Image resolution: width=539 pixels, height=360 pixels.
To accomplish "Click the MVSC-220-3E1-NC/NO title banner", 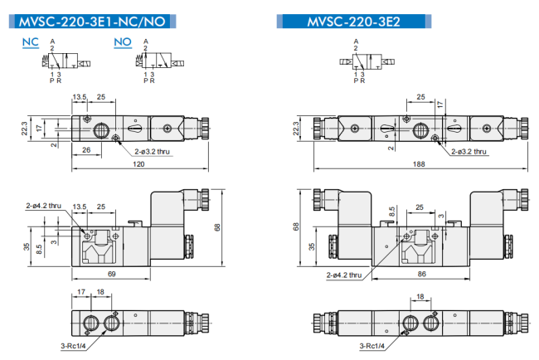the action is (93, 22).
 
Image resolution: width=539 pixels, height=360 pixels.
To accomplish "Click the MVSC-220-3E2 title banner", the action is (354, 22).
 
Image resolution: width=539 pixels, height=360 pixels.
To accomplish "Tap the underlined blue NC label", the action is (31, 42).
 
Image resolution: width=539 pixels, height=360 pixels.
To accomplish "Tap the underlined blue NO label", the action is (123, 42).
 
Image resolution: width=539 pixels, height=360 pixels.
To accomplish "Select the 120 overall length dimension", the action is (138, 164).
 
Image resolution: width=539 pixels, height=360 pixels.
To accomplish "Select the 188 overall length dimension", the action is (419, 164).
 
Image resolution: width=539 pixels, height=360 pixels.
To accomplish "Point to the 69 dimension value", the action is (112, 274).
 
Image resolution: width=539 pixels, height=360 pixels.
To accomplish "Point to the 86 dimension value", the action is (422, 274).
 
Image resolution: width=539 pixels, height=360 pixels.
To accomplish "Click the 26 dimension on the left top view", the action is (86, 150).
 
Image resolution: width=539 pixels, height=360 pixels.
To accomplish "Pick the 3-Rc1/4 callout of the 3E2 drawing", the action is (372, 346).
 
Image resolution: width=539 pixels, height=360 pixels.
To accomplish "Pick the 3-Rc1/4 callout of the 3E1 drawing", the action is (73, 346).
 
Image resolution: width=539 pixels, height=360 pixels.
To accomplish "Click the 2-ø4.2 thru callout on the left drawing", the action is (44, 206).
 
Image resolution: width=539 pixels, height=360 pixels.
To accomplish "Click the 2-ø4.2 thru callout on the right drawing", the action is (344, 275).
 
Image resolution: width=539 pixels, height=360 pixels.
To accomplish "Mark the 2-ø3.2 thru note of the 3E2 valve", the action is (469, 152).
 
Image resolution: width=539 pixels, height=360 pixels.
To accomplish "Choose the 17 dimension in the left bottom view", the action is (81, 292).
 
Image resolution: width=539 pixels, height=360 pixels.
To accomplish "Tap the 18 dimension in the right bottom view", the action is (420, 296).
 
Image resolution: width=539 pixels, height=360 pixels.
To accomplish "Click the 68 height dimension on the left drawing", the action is (217, 227).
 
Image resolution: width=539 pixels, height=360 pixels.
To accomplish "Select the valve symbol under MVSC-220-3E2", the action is (367, 61).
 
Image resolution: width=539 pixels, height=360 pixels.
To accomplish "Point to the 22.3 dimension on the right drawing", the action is (296, 129).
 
